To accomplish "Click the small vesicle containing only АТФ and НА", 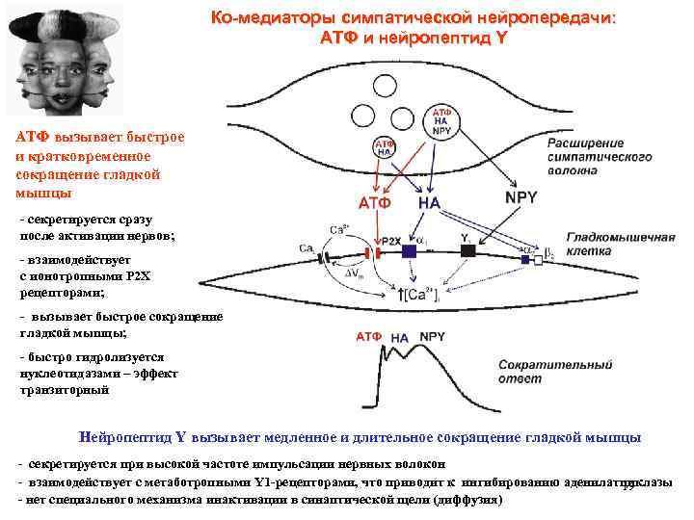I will (x=384, y=147).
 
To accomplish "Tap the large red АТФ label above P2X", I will (x=375, y=203).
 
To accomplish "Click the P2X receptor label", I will (x=391, y=241).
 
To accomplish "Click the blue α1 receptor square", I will (x=410, y=250).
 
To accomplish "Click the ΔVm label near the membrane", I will (x=356, y=274).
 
